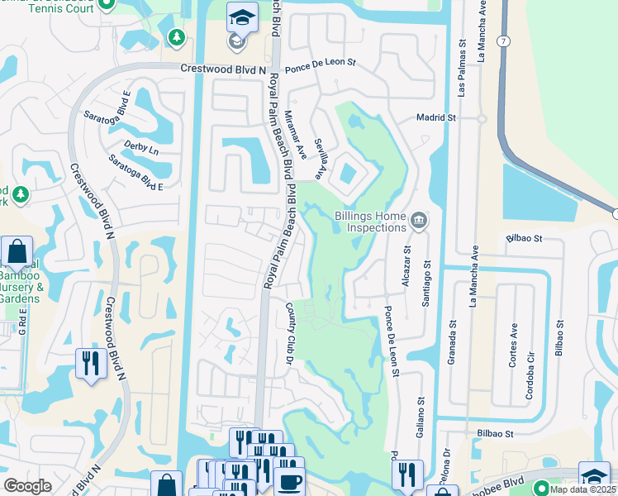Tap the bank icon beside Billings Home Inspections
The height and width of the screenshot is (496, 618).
click(x=419, y=220)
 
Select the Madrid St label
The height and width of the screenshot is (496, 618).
click(x=435, y=118)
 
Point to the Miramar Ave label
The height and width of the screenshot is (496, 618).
click(x=295, y=136)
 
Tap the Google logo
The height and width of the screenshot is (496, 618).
click(x=28, y=486)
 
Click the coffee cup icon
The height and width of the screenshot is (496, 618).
click(x=289, y=482)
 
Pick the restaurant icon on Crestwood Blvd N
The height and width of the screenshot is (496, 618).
click(x=90, y=364)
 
